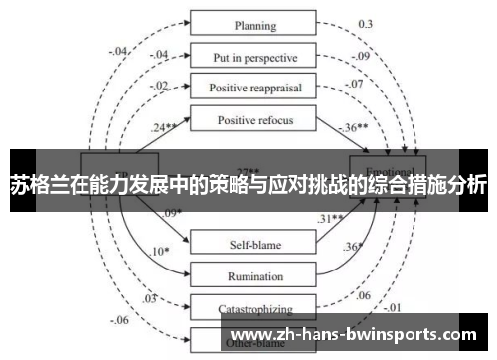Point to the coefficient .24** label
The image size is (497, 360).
point(166,127)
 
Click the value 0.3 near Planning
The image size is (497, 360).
point(366,22)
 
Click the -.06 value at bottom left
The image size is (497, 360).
point(121,320)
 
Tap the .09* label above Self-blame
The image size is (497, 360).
point(173,212)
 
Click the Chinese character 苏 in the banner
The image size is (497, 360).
point(19,185)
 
